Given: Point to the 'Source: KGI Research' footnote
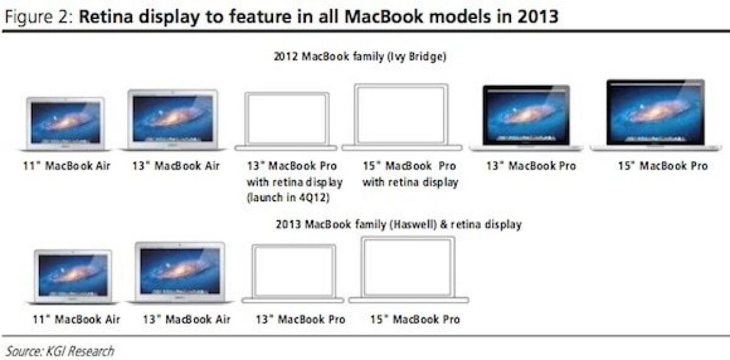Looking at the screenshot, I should [x=60, y=351].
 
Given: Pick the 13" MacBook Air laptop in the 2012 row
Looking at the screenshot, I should [x=173, y=120].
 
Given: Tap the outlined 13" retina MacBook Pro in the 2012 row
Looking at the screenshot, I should [x=286, y=121].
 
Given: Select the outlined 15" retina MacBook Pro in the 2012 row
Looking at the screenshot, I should [x=401, y=117].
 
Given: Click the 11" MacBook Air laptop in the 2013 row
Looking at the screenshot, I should [x=73, y=277].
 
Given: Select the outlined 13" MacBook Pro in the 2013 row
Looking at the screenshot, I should [x=294, y=274].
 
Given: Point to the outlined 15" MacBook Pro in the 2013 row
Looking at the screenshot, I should [x=409, y=269].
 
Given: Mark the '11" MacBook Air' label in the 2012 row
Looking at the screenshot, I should [x=67, y=166].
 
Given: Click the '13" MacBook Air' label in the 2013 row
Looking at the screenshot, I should [x=187, y=319].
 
